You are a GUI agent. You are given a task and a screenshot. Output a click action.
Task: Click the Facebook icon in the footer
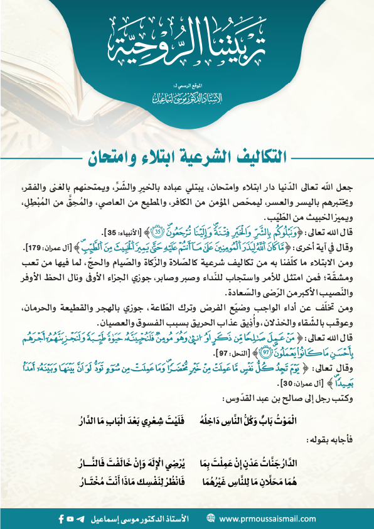(x=60, y=519)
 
